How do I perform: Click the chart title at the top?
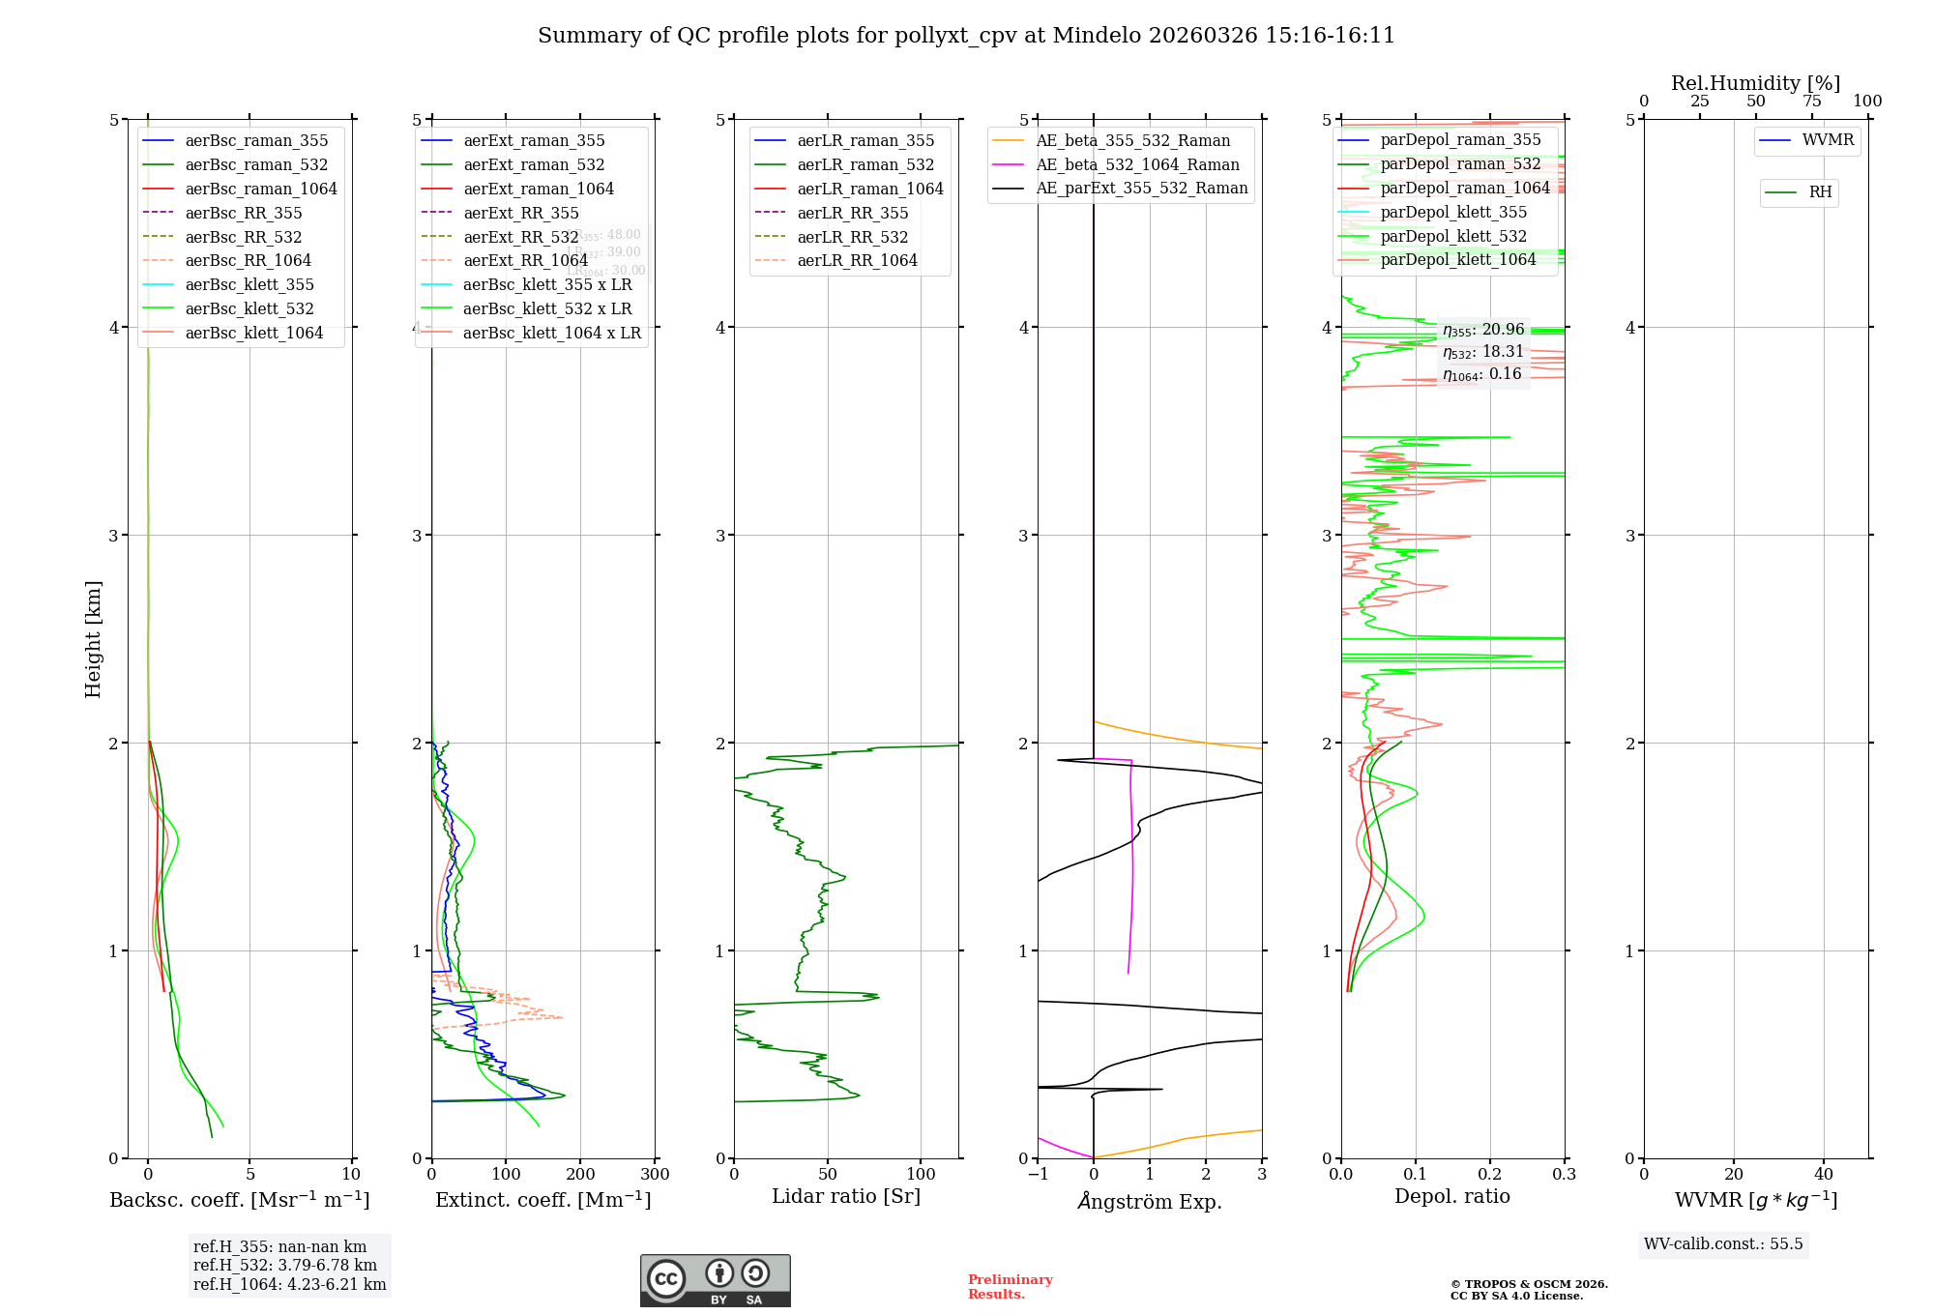pyautogui.click(x=966, y=36)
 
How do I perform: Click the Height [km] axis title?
pyautogui.click(x=93, y=639)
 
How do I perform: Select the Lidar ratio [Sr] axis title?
pyautogui.click(x=846, y=1196)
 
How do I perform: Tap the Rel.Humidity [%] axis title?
pyautogui.click(x=1755, y=83)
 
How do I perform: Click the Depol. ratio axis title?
pyautogui.click(x=1451, y=1196)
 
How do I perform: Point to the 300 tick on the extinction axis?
pyautogui.click(x=655, y=1175)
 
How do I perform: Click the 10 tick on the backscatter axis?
pyautogui.click(x=351, y=1175)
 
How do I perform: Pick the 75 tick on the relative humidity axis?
pyautogui.click(x=1811, y=102)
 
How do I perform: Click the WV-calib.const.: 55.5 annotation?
pyautogui.click(x=1723, y=1243)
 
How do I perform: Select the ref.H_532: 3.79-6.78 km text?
pyautogui.click(x=285, y=1265)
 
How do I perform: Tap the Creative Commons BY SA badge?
pyautogui.click(x=715, y=1280)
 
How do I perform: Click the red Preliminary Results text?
pyautogui.click(x=1010, y=1287)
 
